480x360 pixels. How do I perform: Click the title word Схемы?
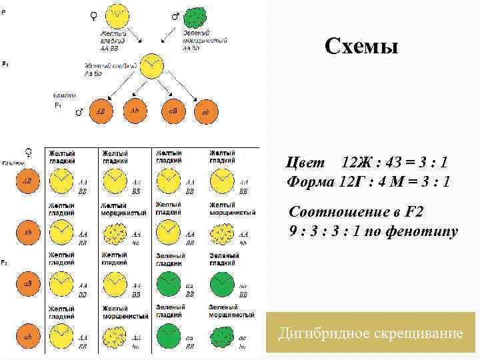[361, 47]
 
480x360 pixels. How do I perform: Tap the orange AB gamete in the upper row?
[101, 111]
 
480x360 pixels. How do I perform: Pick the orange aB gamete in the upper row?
[171, 111]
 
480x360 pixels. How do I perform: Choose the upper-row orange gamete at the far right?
[205, 112]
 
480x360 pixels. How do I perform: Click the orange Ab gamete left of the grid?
[28, 233]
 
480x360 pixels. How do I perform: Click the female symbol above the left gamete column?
[27, 151]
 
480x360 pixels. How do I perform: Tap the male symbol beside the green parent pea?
[176, 15]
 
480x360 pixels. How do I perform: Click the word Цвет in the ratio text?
[306, 163]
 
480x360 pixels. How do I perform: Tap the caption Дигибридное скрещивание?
[370, 332]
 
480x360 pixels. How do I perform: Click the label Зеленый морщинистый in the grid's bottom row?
[231, 311]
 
